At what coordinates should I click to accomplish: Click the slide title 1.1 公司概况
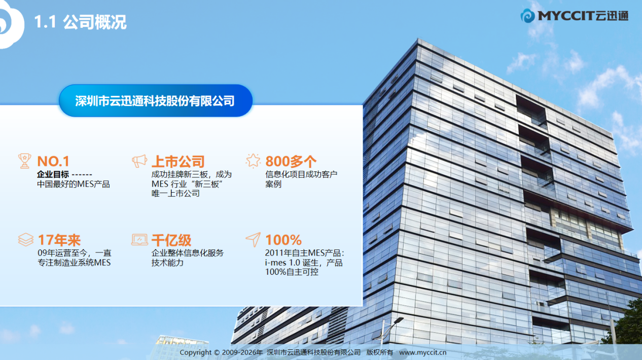(81, 22)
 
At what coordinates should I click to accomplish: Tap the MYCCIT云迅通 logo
(575, 16)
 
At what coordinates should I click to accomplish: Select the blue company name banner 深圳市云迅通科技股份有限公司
(156, 100)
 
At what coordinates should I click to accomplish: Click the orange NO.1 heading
(53, 161)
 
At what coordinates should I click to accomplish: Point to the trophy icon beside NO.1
(25, 161)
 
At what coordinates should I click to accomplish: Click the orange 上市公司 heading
(178, 161)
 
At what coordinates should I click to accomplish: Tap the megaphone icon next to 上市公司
(139, 161)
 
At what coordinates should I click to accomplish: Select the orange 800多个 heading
(291, 161)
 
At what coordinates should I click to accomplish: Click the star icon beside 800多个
(253, 161)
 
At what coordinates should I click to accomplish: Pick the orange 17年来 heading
(59, 240)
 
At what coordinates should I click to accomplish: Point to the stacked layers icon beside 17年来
(25, 240)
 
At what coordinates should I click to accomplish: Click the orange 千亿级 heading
(171, 240)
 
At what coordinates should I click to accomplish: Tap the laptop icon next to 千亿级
(139, 240)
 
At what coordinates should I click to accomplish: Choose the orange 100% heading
(283, 240)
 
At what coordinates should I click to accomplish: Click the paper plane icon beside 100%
(254, 239)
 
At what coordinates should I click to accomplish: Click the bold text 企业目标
(53, 174)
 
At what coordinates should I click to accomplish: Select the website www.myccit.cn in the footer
(423, 352)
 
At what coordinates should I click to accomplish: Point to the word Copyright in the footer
(195, 352)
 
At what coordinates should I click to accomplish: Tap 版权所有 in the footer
(380, 352)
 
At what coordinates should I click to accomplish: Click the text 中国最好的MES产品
(74, 184)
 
